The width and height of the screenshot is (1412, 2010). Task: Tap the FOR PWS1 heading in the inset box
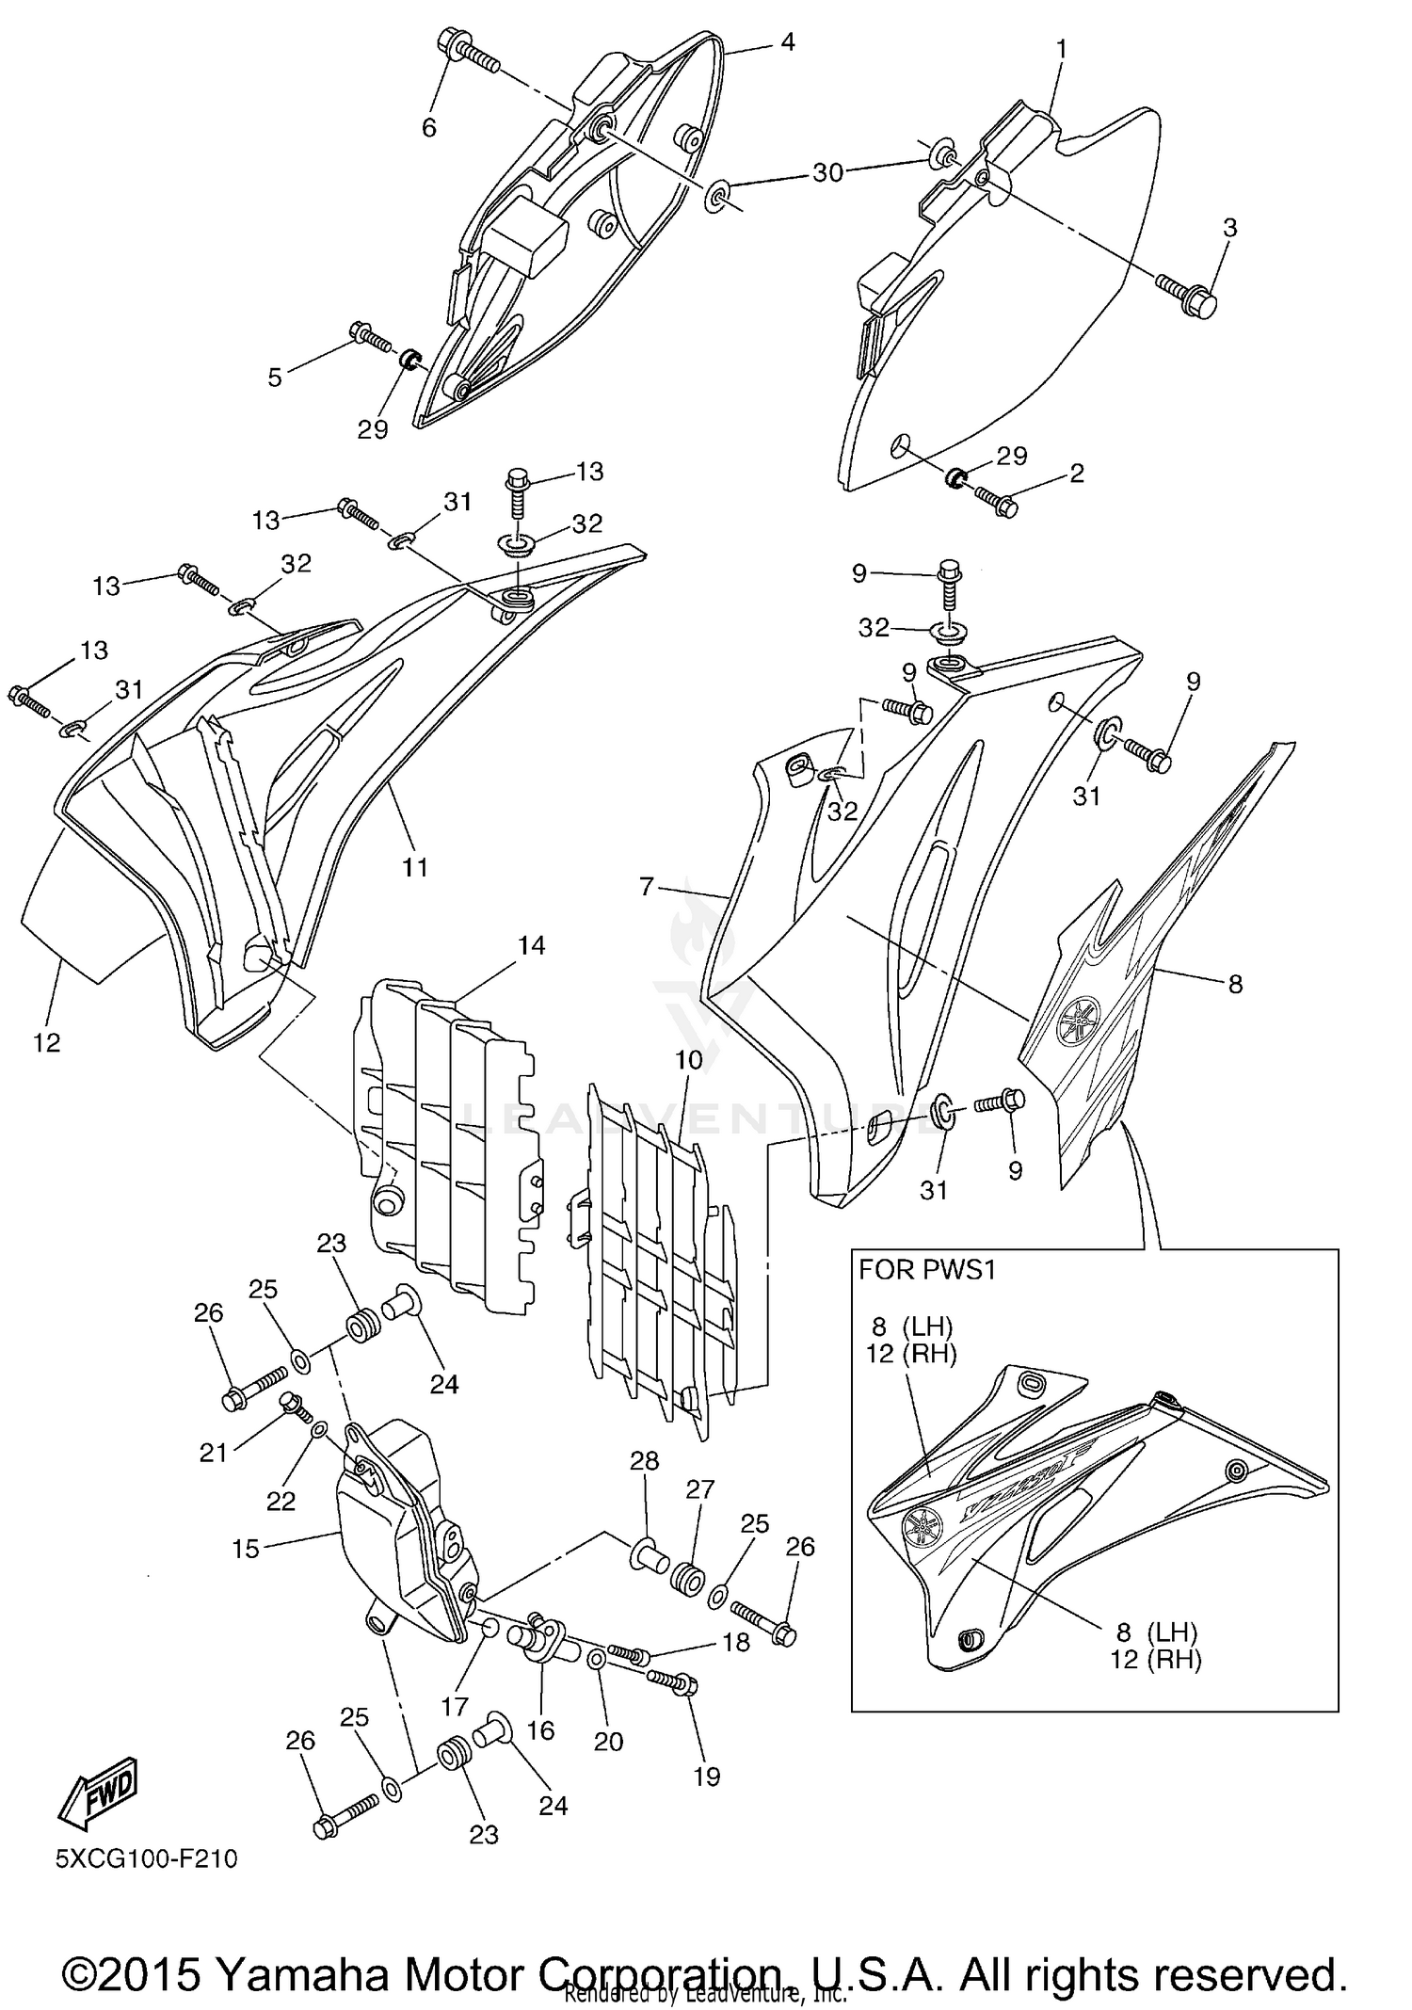point(926,1270)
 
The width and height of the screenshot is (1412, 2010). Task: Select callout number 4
point(787,41)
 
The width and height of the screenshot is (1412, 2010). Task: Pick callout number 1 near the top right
point(1061,47)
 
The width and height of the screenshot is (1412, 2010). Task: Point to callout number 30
point(827,172)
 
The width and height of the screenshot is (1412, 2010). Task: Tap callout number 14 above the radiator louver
point(532,944)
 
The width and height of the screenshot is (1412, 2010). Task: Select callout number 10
point(688,1060)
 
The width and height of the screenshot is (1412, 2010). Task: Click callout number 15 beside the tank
point(245,1549)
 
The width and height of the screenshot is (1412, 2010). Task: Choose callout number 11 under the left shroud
point(415,867)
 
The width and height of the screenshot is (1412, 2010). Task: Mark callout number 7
point(646,886)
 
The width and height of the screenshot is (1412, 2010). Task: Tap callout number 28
point(644,1461)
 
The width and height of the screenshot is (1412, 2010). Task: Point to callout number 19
point(706,1776)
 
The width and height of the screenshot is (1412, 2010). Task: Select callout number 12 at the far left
point(46,1042)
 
